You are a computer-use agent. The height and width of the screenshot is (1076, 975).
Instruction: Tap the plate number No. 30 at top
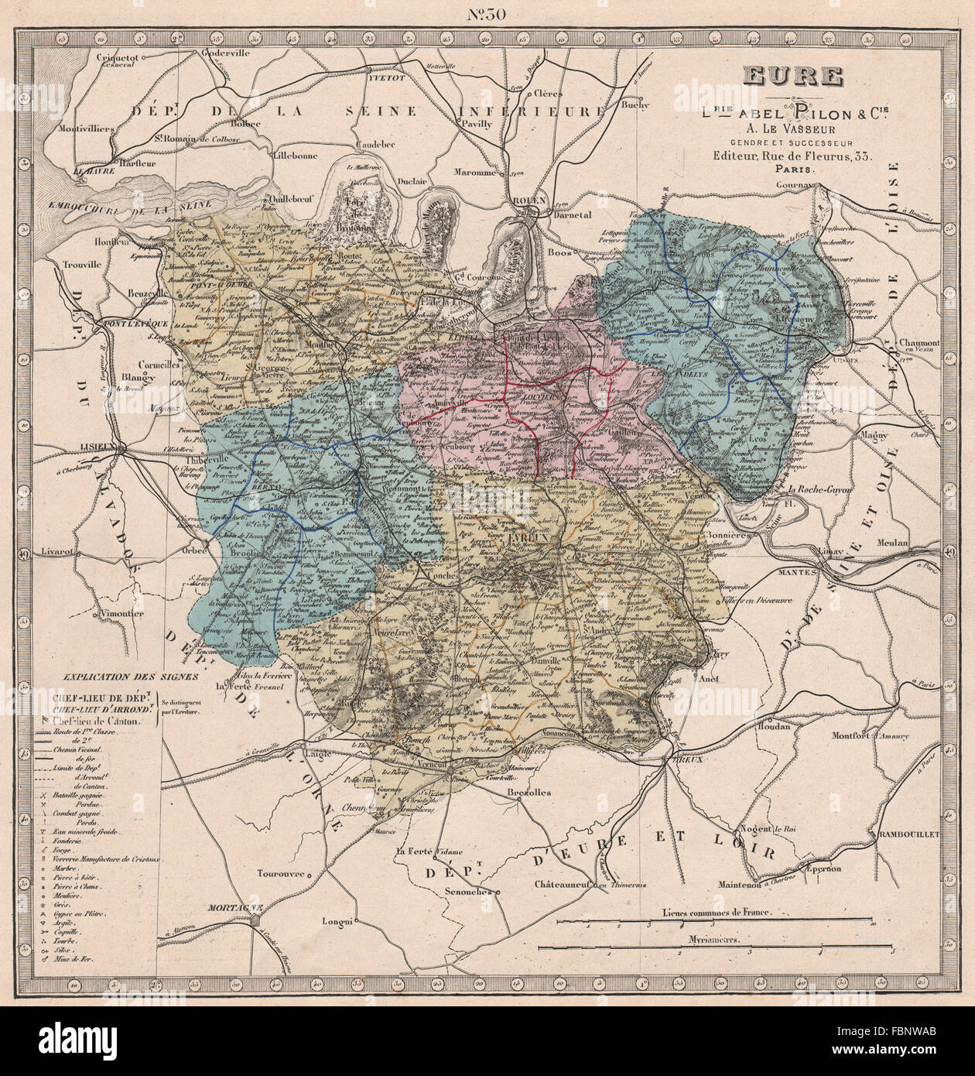(488, 15)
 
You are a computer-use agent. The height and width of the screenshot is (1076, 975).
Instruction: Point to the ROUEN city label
(529, 200)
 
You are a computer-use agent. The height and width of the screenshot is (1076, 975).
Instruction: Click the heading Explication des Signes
(131, 675)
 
